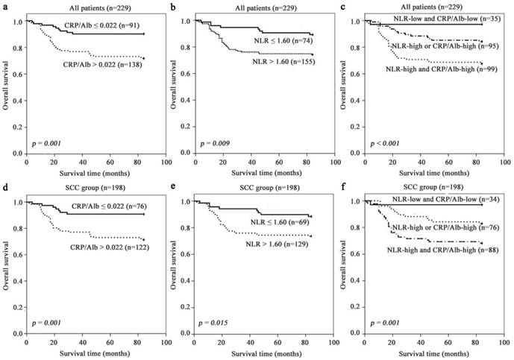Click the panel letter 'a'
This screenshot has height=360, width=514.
(x=4, y=7)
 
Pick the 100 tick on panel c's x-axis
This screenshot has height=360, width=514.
(x=504, y=162)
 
